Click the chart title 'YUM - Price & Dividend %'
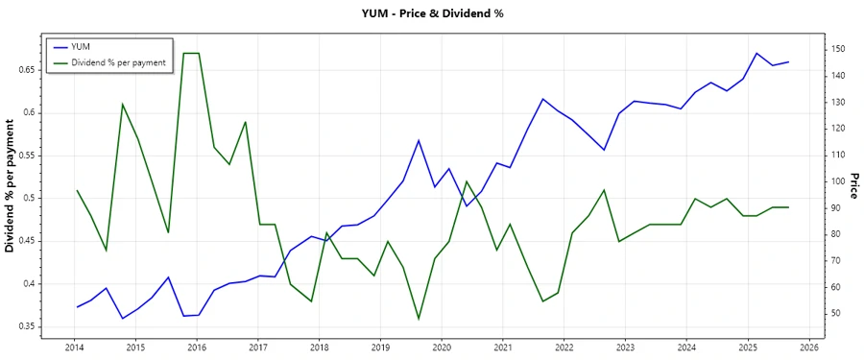431,13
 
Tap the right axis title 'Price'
853,185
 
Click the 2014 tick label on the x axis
74,347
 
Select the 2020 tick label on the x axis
442,347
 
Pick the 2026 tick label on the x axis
809,347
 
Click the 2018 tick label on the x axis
319,347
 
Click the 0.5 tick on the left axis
26,199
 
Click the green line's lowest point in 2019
419,319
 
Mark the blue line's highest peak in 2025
756,53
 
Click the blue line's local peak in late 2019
419,140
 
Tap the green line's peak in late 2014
122,104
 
